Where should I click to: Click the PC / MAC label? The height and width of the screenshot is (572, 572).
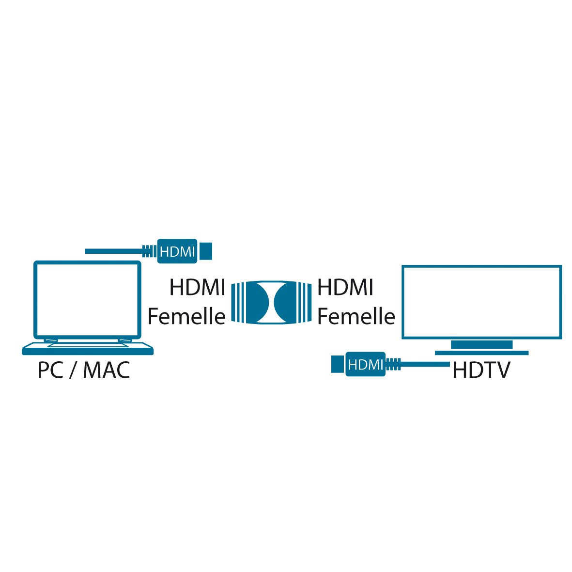tap(84, 371)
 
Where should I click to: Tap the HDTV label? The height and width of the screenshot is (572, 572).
tap(481, 371)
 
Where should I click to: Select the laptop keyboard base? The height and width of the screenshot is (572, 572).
tap(88, 348)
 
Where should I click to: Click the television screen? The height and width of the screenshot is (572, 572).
tap(481, 302)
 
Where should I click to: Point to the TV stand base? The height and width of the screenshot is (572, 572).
tap(481, 353)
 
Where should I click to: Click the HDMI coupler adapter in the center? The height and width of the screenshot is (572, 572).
tap(271, 303)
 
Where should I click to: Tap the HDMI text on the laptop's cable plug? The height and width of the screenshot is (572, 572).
tap(177, 251)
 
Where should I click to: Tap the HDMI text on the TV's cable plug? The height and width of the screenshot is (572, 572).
tap(366, 364)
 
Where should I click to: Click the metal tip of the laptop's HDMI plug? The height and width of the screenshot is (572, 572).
tap(206, 251)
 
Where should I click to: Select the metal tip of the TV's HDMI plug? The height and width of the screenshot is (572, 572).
tap(337, 364)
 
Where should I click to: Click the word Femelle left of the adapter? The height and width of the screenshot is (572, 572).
tap(186, 317)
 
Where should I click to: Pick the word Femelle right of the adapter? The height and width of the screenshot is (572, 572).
tap(356, 317)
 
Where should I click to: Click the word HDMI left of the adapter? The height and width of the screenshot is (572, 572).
tap(197, 288)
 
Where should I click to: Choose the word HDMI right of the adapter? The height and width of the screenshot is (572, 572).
tap(345, 288)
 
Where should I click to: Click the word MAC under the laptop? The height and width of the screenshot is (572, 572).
tap(107, 371)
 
